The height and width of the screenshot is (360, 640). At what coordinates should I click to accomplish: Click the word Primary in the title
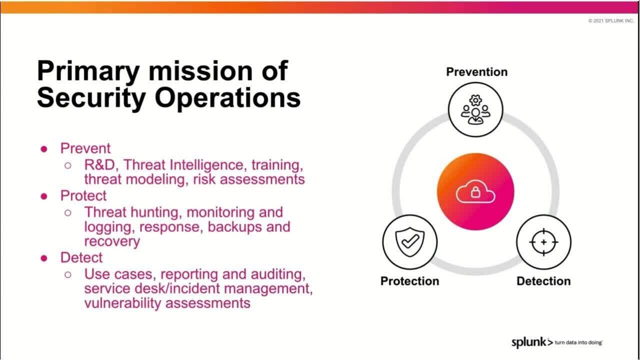pyautogui.click(x=88, y=71)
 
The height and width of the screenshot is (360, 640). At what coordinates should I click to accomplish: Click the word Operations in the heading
pyautogui.click(x=227, y=98)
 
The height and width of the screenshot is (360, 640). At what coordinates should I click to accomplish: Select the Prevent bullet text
pyautogui.click(x=85, y=148)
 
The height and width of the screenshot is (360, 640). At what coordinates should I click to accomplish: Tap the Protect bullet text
pyautogui.click(x=83, y=195)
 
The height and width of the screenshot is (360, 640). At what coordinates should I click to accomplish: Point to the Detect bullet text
pyautogui.click(x=81, y=257)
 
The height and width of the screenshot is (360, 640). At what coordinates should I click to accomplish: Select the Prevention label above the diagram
pyautogui.click(x=476, y=72)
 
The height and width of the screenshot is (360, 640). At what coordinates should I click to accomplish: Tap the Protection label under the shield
pyautogui.click(x=409, y=281)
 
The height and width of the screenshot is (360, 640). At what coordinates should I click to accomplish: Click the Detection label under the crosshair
pyautogui.click(x=543, y=281)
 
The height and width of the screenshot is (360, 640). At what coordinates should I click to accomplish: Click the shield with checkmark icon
pyautogui.click(x=410, y=242)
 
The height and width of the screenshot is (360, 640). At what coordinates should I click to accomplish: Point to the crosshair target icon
pyautogui.click(x=543, y=242)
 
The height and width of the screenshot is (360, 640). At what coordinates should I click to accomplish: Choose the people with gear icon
pyautogui.click(x=475, y=109)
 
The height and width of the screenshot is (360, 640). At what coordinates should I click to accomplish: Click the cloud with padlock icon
pyautogui.click(x=475, y=192)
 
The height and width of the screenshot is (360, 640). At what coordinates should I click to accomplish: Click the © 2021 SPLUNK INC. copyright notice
pyautogui.click(x=611, y=21)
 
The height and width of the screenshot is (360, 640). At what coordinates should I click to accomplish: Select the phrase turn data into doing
pyautogui.click(x=578, y=343)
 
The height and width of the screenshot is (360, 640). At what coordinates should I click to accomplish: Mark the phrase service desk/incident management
pyautogui.click(x=198, y=288)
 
